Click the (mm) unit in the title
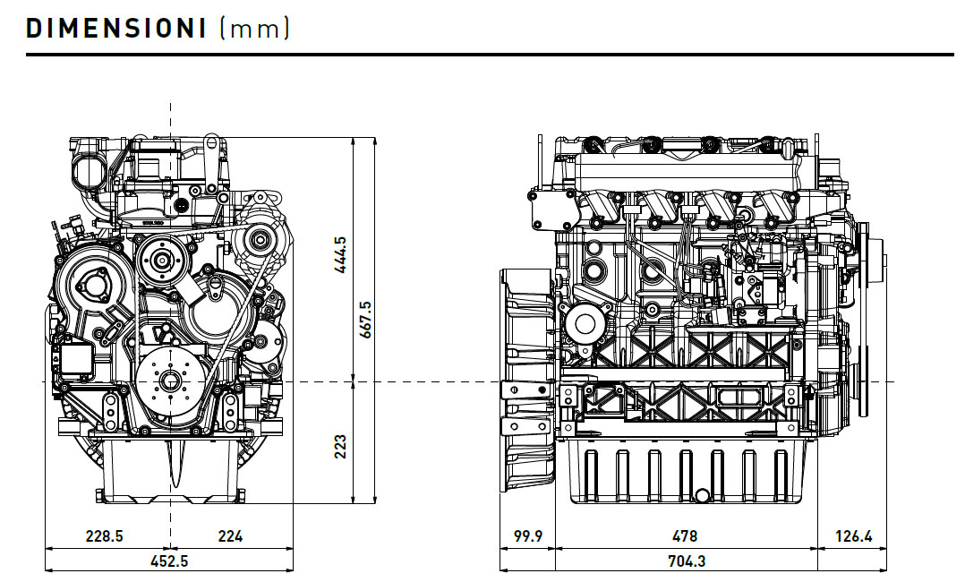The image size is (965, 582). (x=255, y=28)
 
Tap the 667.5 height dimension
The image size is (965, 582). (x=364, y=320)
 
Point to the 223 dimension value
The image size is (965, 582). (x=339, y=446)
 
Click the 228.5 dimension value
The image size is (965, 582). (x=104, y=536)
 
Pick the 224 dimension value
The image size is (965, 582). (x=230, y=536)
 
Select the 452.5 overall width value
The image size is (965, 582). (x=168, y=561)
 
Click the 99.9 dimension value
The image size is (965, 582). (x=527, y=536)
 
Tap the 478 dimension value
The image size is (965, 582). (x=685, y=536)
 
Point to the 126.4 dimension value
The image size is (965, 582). (x=853, y=536)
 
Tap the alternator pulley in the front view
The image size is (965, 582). (x=260, y=239)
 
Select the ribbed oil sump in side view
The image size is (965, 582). (x=685, y=470)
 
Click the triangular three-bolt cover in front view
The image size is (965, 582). (x=92, y=286)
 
